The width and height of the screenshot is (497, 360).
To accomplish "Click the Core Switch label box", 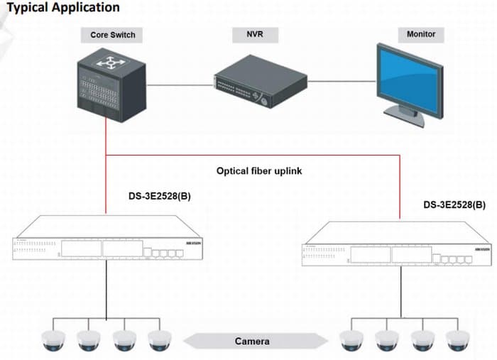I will coord(112,34).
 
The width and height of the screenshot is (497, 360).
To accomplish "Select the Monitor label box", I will coord(421,34).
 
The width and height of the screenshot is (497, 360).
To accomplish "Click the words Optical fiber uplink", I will coord(259,171).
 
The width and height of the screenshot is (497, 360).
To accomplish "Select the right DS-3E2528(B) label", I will coord(454,204).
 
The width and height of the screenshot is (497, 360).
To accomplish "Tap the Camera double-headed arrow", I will coord(252,342).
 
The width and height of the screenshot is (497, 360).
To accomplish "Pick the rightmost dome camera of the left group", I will coord(158,342).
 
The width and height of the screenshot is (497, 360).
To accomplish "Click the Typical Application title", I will coord(63,8).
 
